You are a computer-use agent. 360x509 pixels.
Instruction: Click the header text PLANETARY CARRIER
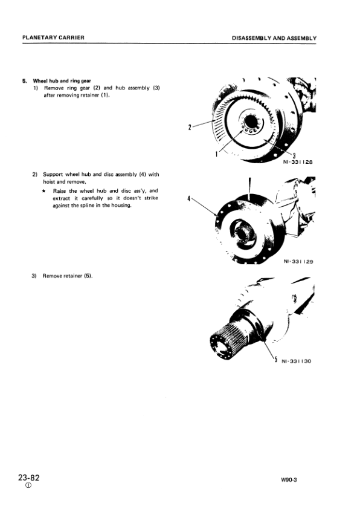click(x=53, y=37)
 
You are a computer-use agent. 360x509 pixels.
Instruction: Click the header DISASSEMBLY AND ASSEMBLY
click(x=274, y=37)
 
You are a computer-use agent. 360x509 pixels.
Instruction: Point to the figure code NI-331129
click(x=298, y=262)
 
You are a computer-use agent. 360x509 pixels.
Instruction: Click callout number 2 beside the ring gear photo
click(x=190, y=127)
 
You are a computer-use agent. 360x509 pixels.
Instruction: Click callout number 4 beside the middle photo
click(x=190, y=198)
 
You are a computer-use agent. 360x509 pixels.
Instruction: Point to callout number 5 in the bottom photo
click(x=275, y=360)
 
